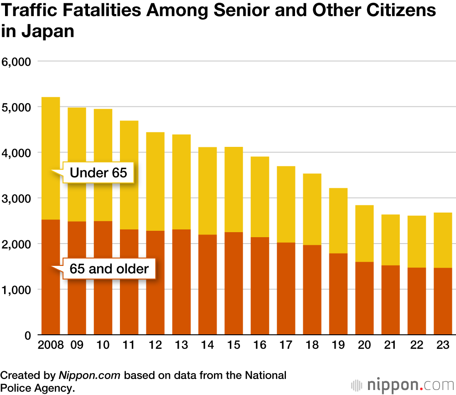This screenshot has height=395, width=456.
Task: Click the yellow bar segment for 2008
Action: [x=51, y=137]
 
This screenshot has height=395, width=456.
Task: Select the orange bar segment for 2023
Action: [x=443, y=301]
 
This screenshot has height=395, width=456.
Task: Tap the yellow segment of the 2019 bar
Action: [x=338, y=221]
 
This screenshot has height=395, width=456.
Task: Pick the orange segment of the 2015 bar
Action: [x=233, y=283]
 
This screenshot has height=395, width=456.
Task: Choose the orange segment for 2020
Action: [x=364, y=298]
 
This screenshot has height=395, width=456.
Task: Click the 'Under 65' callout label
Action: [x=98, y=172]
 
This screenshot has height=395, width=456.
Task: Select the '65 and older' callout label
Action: [x=109, y=268]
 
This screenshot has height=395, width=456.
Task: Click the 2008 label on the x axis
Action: [x=51, y=345]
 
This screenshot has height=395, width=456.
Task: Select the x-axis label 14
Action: [x=207, y=345]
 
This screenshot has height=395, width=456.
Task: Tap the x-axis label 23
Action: [x=443, y=345]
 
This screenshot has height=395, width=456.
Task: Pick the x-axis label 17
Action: [x=286, y=345]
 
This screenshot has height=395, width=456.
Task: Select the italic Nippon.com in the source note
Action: [x=89, y=375]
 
